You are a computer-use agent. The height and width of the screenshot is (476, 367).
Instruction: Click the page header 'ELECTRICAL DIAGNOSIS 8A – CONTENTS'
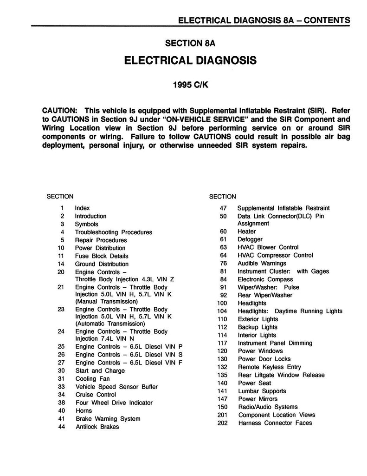(x=264, y=20)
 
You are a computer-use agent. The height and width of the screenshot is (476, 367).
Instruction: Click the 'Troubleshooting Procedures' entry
(x=113, y=232)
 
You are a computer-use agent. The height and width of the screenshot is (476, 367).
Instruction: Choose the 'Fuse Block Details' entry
(x=102, y=256)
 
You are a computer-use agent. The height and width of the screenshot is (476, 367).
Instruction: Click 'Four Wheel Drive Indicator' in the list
(x=114, y=403)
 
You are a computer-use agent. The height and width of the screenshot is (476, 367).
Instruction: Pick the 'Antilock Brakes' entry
(x=97, y=427)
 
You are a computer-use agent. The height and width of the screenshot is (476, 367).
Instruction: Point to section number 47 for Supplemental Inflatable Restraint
(x=223, y=208)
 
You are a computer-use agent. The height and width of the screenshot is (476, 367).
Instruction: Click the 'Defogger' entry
(x=250, y=239)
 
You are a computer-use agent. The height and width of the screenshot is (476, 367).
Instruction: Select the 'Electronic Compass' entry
(x=265, y=279)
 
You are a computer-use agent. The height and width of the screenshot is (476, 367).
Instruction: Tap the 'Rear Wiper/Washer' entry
(x=264, y=295)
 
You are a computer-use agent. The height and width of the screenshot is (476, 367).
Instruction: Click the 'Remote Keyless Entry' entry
(x=269, y=367)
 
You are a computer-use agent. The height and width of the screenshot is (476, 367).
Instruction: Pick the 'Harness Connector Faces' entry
(x=275, y=423)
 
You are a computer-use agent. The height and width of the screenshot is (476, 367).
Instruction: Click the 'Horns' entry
(x=84, y=411)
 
